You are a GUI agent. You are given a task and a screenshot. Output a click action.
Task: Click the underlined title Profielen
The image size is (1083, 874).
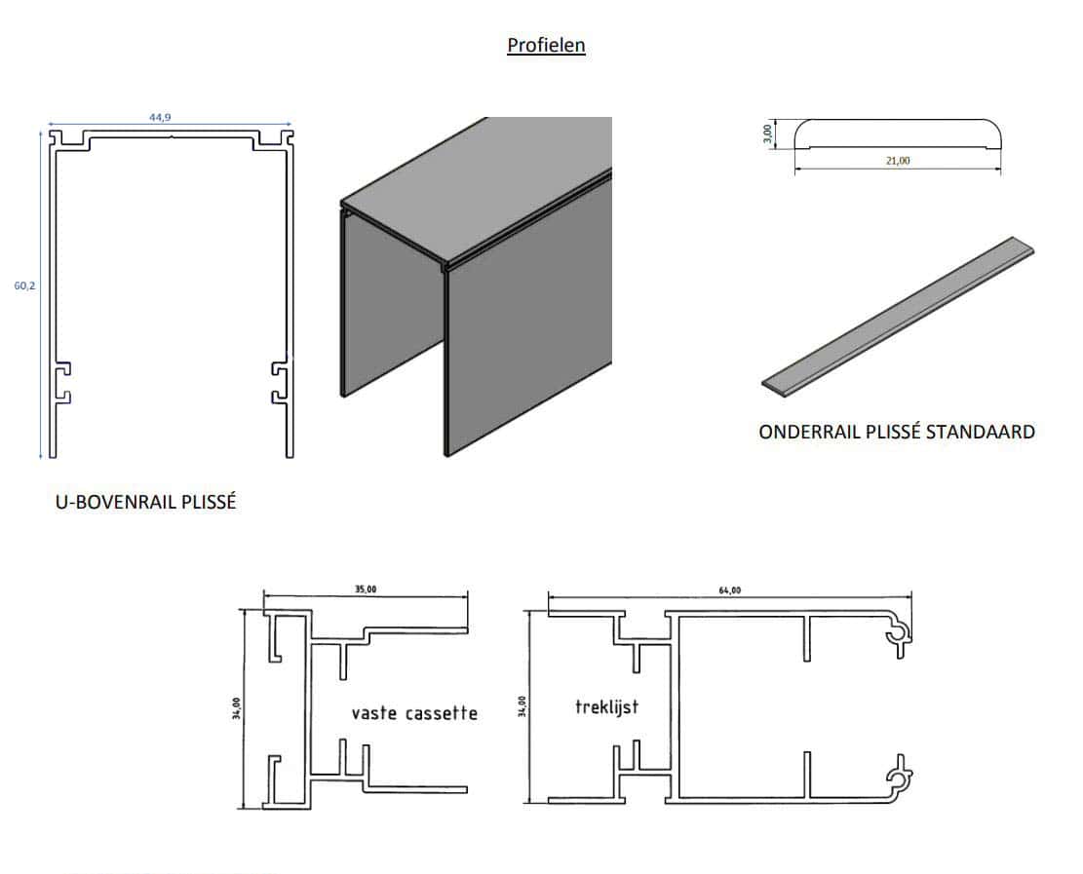coord(546,45)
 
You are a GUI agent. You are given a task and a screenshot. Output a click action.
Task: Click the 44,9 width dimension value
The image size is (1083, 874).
coord(161,117)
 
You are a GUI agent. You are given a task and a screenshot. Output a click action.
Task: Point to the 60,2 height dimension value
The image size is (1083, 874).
coord(24,286)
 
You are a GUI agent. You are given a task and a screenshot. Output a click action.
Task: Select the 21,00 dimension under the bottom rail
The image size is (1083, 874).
coord(898,161)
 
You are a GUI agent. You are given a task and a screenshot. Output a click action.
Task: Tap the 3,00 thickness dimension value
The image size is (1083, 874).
coord(768,132)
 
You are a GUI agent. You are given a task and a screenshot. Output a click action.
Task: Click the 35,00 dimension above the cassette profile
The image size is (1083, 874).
coord(367,589)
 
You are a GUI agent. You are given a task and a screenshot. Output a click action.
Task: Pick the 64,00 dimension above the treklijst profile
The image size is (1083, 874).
coord(729,589)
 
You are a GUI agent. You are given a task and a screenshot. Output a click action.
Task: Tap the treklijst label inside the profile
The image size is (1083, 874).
coord(606,706)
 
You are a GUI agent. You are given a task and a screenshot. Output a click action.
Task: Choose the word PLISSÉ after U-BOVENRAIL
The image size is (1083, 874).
coord(207,503)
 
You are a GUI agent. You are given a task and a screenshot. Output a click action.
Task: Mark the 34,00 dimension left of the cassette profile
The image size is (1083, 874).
coord(237,708)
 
